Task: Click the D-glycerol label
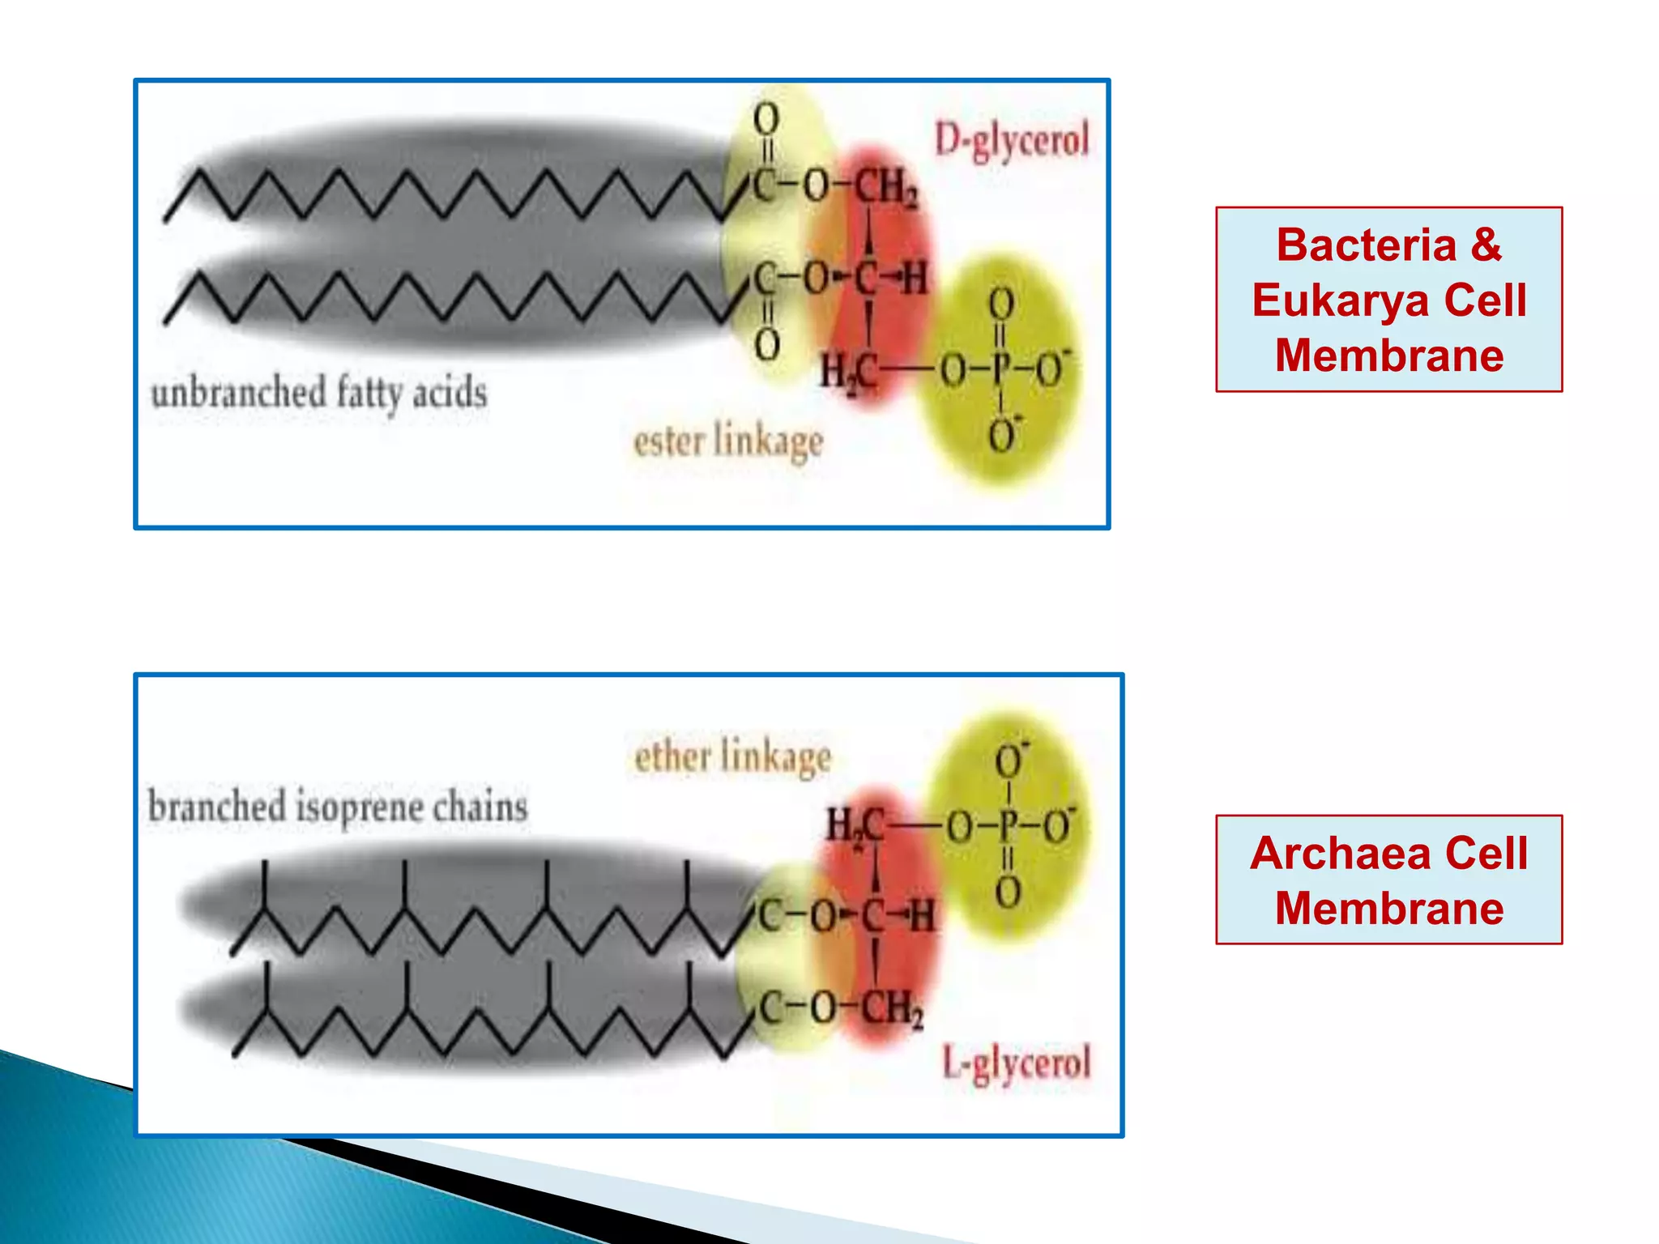pyautogui.click(x=1012, y=141)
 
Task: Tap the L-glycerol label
pyautogui.click(x=1017, y=1063)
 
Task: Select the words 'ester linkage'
pyautogui.click(x=727, y=442)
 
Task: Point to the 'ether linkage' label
pyautogui.click(x=732, y=756)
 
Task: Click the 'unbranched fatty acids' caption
pyautogui.click(x=319, y=393)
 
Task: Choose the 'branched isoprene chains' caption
pyautogui.click(x=338, y=807)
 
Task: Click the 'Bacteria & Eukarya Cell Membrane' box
pyautogui.click(x=1388, y=300)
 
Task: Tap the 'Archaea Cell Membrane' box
pyautogui.click(x=1388, y=880)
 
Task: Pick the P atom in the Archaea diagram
pyautogui.click(x=1008, y=826)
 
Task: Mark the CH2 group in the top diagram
pyautogui.click(x=886, y=188)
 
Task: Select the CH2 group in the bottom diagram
pyautogui.click(x=891, y=1009)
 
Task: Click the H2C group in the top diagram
pyautogui.click(x=847, y=373)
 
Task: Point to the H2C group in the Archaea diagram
pyautogui.click(x=854, y=826)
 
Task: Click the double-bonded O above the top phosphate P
pyautogui.click(x=1001, y=305)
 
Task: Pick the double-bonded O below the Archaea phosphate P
pyautogui.click(x=1008, y=893)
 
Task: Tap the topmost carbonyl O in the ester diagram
pyautogui.click(x=766, y=119)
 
